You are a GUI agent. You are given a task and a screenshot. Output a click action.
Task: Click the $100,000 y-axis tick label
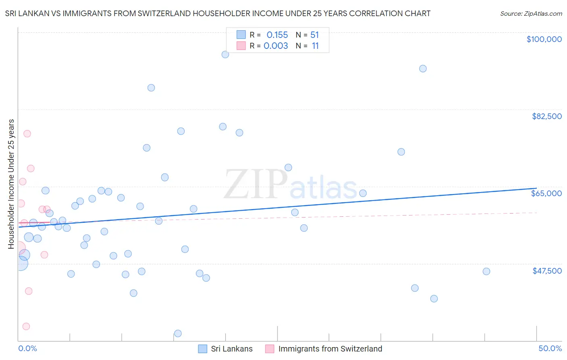(x=544, y=39)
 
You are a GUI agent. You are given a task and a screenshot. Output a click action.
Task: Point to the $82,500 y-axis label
(x=546, y=116)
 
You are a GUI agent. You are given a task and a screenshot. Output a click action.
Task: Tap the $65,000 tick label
(x=546, y=193)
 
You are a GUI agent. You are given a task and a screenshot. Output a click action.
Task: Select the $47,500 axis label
(x=547, y=271)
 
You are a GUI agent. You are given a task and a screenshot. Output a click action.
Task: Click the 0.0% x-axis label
(x=27, y=348)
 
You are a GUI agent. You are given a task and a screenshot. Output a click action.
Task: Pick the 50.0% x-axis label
(x=550, y=348)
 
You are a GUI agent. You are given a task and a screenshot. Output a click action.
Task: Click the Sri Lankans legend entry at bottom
(x=231, y=349)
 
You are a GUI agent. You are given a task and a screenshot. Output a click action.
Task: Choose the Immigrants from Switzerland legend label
(x=330, y=349)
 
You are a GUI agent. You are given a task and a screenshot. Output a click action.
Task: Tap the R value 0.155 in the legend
(x=277, y=35)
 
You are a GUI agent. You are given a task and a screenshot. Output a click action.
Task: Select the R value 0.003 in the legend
(x=275, y=46)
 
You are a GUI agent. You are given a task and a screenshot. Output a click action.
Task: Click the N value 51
(x=315, y=35)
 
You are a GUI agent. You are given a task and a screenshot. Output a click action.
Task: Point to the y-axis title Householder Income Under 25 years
(x=11, y=184)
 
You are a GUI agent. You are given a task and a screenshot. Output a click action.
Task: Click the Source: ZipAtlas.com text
(x=531, y=13)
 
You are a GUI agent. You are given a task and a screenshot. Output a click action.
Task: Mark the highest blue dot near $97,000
(x=225, y=54)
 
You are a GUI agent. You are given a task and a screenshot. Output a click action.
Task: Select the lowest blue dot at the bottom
(x=178, y=333)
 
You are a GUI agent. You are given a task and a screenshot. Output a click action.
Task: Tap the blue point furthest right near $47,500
(x=486, y=271)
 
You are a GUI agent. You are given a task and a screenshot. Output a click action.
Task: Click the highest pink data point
(x=27, y=134)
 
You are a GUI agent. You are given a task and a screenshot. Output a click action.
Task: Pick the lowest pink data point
(x=26, y=326)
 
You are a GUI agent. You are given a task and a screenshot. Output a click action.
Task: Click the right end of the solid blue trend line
(x=536, y=188)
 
